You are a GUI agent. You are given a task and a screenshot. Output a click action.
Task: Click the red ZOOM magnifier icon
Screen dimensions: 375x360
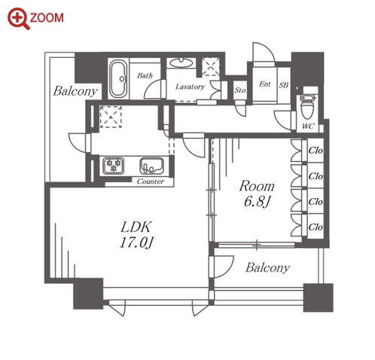coord(19,19)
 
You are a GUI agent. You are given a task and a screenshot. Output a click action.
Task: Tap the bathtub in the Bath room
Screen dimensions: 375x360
coord(118,78)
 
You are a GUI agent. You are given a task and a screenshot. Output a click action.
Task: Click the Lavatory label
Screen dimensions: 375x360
coord(190,87)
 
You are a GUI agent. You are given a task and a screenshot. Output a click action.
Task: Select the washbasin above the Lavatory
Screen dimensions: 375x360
coord(181,63)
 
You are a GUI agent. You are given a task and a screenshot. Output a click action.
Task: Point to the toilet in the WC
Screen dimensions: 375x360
coord(307,107)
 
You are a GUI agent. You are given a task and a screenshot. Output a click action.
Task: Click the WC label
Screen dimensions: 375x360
coord(308,126)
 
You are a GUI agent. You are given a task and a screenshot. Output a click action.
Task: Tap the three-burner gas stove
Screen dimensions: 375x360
coord(113,166)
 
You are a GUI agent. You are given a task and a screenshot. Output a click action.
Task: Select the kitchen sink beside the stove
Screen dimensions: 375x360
coord(151,166)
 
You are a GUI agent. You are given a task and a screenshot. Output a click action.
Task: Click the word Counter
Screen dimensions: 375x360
coord(151,182)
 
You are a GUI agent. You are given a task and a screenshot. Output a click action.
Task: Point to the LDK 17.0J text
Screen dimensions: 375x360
coord(136,235)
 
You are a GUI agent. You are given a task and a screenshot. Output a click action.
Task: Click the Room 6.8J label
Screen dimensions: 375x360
coord(257,194)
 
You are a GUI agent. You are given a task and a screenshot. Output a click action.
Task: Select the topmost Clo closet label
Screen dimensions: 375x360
coord(316,151)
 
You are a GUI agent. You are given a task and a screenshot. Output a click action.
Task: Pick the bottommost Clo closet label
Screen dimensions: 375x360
coord(316,227)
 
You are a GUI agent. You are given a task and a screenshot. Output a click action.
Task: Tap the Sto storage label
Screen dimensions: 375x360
coord(240,90)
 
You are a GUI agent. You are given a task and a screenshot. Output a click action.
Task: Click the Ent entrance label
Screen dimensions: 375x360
coord(265,84)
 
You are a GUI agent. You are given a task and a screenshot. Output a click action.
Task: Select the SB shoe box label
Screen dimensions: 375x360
coord(284,85)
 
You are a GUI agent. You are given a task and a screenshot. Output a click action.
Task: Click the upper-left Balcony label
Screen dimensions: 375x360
coord(75,91)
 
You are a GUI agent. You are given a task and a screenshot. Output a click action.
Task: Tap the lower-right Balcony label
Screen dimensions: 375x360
coord(267,267)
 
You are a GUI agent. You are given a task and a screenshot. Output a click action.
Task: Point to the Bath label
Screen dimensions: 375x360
coord(145,75)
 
